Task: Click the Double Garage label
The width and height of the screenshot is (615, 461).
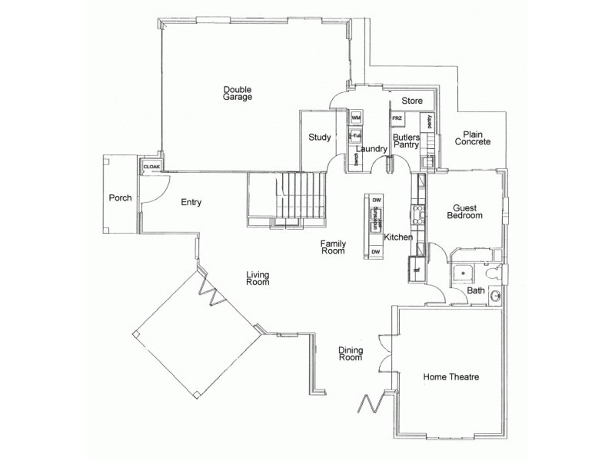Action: click(x=238, y=93)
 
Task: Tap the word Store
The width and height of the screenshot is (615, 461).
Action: click(x=413, y=101)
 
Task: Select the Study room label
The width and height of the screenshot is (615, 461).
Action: click(x=320, y=138)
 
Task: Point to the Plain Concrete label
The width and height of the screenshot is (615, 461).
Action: click(x=472, y=138)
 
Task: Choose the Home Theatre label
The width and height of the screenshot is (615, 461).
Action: click(x=451, y=377)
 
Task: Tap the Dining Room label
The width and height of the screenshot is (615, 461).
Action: click(x=351, y=353)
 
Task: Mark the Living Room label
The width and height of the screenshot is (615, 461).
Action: click(x=258, y=278)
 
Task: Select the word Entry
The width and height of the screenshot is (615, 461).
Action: click(x=191, y=203)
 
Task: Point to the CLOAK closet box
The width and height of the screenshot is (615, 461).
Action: click(x=151, y=166)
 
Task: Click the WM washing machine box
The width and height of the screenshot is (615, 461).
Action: click(x=356, y=118)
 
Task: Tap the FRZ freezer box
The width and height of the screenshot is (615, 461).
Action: click(x=397, y=118)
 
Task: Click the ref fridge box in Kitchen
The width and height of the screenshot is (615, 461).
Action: click(x=416, y=269)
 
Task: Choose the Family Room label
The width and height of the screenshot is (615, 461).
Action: click(x=333, y=247)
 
